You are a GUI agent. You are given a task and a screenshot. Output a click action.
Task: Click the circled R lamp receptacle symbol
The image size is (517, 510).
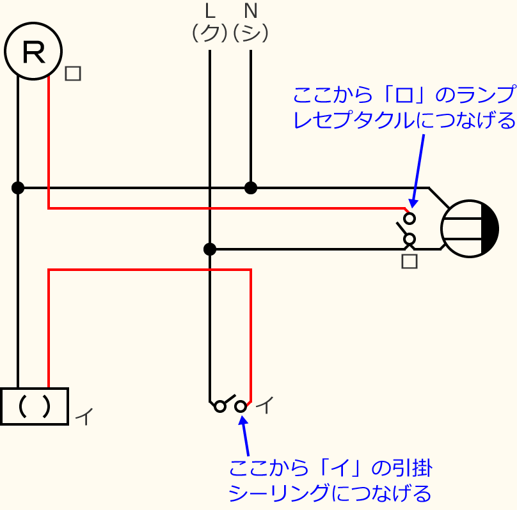coord(33,51)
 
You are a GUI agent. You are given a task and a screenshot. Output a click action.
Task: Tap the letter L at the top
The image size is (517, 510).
coord(210,12)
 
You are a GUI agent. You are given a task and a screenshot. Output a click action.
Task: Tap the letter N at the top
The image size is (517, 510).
coord(251,12)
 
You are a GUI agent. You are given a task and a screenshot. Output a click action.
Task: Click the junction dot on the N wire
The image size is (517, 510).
coord(251,188)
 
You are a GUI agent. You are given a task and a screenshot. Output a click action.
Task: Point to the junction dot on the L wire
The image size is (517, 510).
coord(210,249)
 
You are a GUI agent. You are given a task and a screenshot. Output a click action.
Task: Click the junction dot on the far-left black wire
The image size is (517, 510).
coord(18,188)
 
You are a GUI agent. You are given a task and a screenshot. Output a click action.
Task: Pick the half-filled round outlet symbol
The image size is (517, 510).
coord(470,229)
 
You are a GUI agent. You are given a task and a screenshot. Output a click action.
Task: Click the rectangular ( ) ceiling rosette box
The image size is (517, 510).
coord(34,406)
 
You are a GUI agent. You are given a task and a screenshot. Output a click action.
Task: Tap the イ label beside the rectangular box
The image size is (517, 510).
coord(84,417)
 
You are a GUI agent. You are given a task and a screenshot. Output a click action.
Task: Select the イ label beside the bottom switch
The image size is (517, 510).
coord(264,405)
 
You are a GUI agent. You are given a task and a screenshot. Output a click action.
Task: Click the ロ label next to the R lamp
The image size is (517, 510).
coord(73,73)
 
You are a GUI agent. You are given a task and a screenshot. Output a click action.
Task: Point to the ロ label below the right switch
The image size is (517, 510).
coord(410,261)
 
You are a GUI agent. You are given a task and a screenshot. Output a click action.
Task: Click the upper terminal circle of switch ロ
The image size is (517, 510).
coord(410,218)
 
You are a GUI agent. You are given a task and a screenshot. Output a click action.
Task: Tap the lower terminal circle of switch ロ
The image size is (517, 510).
coord(410,239)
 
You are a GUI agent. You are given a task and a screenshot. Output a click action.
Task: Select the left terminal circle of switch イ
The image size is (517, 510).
coord(220,406)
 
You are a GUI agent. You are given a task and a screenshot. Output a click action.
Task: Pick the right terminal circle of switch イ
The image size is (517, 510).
coord(241,406)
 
